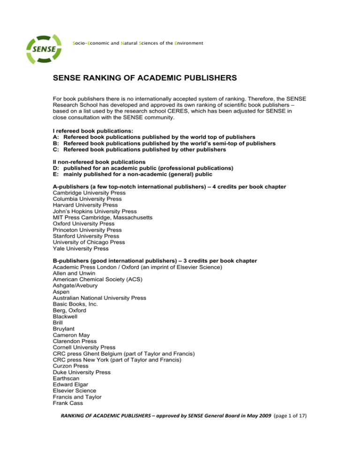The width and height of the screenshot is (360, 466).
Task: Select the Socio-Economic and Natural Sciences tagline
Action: [x=138, y=43]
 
